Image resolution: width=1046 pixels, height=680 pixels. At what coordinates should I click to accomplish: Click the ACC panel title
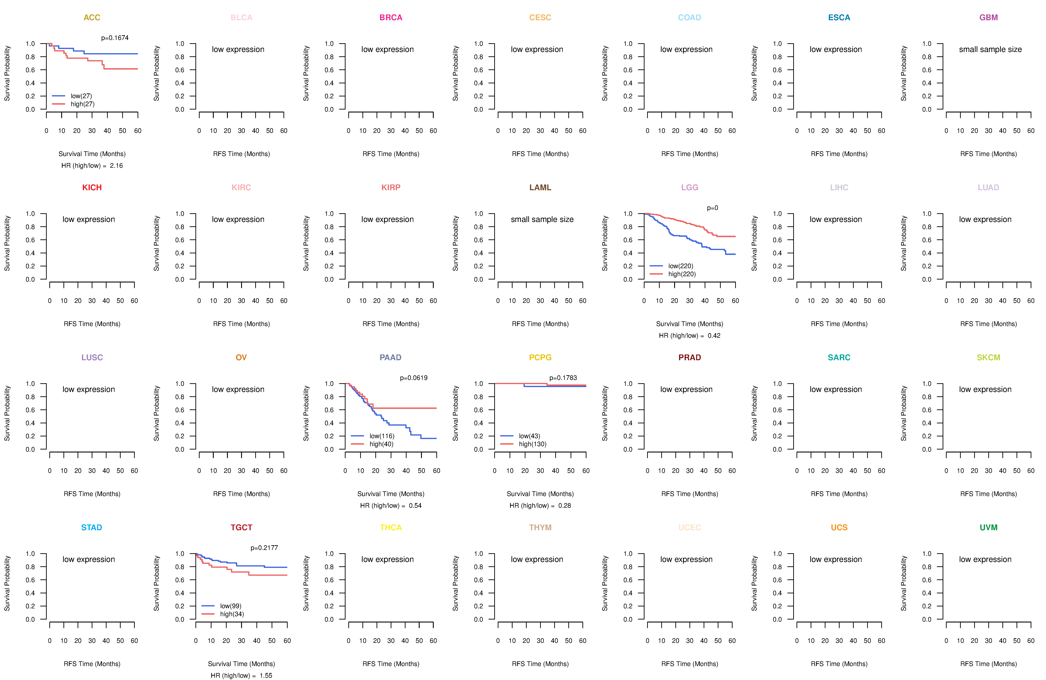pyautogui.click(x=92, y=18)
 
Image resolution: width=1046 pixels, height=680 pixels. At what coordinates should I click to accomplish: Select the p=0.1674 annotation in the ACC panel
pyautogui.click(x=115, y=38)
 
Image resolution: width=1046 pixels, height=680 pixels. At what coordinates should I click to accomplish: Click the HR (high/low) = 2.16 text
pyautogui.click(x=92, y=166)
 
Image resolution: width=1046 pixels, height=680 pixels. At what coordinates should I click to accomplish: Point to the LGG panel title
pyautogui.click(x=689, y=188)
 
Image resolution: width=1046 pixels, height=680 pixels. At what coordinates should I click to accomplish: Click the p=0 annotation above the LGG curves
pyautogui.click(x=713, y=208)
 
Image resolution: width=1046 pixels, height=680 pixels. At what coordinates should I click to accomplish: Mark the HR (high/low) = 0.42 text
pyautogui.click(x=689, y=336)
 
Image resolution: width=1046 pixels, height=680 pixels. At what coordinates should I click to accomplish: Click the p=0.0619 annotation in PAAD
pyautogui.click(x=414, y=378)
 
